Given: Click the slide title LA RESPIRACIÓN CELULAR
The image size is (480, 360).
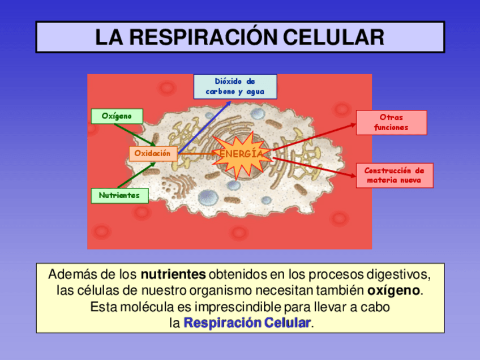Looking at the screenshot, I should coord(240,37).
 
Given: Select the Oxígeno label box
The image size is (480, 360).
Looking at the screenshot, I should coord(117,116).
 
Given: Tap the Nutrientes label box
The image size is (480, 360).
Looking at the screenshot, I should coord(119,195).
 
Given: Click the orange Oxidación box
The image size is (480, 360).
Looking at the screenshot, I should coord(152,153).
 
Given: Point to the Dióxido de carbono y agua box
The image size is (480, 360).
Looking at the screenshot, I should coord(235,87).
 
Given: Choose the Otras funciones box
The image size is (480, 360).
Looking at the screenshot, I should coord(391,122).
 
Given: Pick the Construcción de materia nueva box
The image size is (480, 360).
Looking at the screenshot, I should coord(395,175).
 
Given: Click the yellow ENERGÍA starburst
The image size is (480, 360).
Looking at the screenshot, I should coord(241,155).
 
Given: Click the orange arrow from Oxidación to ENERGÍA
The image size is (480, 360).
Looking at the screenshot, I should coord(195,153).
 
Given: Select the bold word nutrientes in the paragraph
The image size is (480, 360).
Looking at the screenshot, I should coord(173,275).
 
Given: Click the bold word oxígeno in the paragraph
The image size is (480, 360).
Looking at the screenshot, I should coord(393,291).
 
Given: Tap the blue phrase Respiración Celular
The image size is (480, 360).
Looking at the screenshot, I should coord(247,323).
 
